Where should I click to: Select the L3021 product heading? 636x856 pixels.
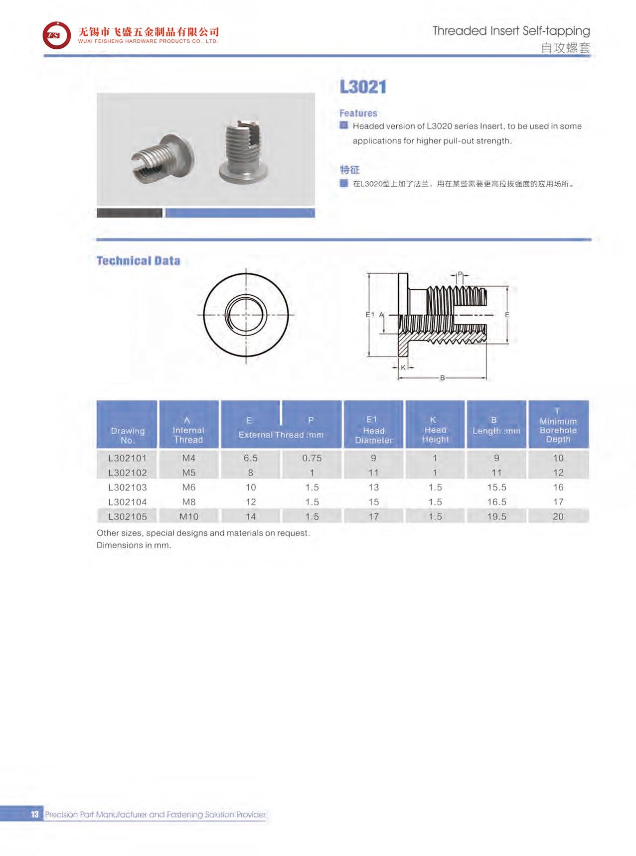(363, 87)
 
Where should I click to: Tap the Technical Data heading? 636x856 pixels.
(138, 261)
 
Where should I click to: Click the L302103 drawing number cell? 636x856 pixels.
(128, 487)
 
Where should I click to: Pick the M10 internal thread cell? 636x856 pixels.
(189, 516)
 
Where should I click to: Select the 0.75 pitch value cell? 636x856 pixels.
(312, 458)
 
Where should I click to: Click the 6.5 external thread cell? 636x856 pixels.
(250, 458)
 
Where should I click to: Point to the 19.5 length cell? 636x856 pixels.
(496, 516)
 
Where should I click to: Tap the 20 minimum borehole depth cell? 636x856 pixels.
(558, 516)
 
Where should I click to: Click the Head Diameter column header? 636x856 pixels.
(374, 430)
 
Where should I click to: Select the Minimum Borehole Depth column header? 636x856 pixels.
(558, 426)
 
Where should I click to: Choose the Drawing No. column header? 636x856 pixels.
(128, 435)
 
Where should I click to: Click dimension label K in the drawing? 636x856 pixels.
(404, 367)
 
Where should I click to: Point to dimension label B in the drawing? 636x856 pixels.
(442, 378)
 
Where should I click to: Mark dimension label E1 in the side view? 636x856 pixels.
(370, 314)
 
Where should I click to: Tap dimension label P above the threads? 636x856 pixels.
(460, 274)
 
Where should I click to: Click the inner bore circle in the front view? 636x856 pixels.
(246, 315)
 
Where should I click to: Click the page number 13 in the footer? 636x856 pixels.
(34, 815)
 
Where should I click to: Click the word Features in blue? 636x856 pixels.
(358, 113)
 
